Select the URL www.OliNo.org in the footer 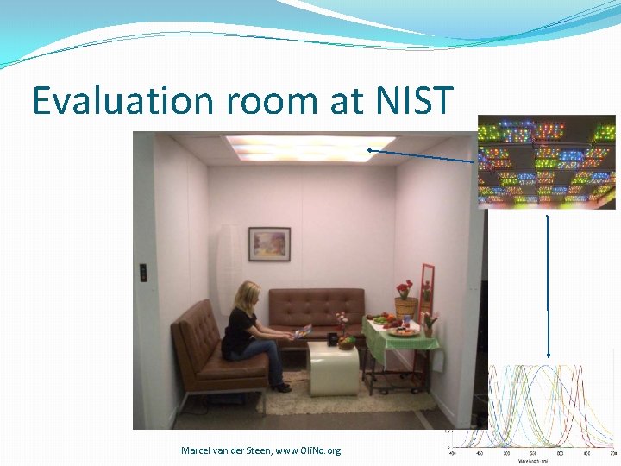click(x=308, y=450)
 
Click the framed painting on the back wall click(x=269, y=243)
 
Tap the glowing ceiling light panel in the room click(x=308, y=148)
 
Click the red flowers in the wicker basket click(x=404, y=289)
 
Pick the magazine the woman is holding click(x=303, y=331)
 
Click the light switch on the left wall click(x=143, y=273)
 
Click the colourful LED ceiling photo click(x=546, y=161)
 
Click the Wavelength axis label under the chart click(x=532, y=460)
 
